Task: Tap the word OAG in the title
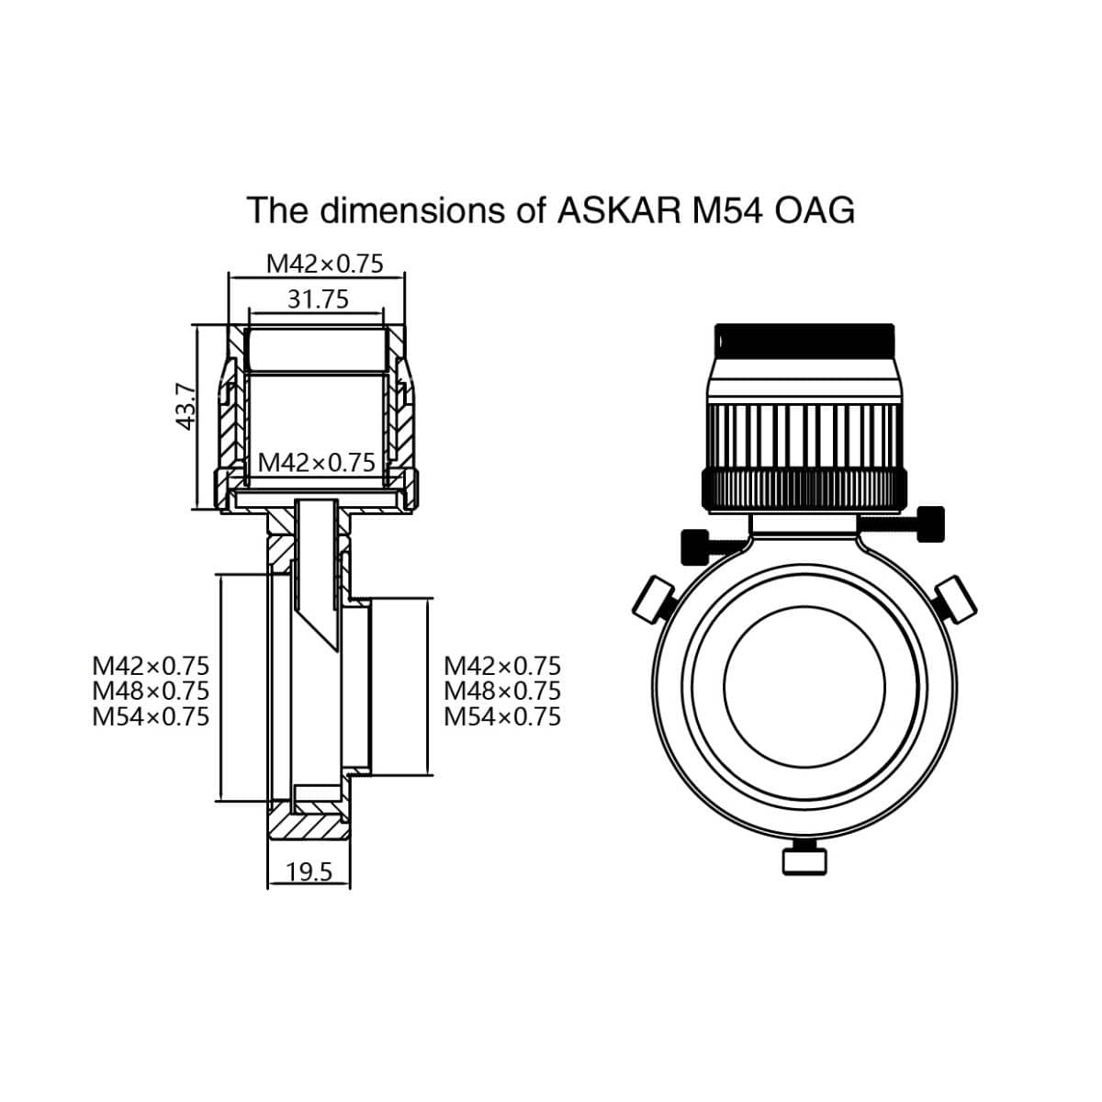click(815, 210)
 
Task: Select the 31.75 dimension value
click(318, 299)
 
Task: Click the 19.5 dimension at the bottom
click(309, 871)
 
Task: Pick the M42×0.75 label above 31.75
click(324, 264)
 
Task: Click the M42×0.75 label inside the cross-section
click(317, 462)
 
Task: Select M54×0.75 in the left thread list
click(151, 716)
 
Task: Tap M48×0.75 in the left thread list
click(151, 691)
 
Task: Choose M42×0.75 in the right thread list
click(501, 665)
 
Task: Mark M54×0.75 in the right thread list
click(501, 716)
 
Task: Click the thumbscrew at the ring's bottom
click(802, 860)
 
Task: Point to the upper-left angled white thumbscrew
click(654, 601)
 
